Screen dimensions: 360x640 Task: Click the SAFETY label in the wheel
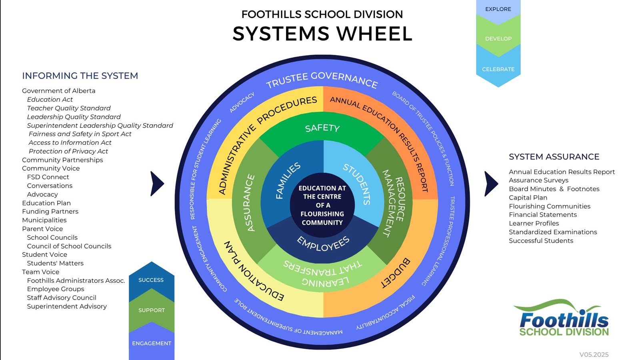[322, 128]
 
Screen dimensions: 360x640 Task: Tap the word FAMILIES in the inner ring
[288, 180]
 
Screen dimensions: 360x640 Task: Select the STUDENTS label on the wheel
[357, 184]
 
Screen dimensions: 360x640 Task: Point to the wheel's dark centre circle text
[322, 205]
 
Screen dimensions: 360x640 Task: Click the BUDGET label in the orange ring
[395, 273]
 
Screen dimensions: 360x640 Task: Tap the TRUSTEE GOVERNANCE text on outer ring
[322, 79]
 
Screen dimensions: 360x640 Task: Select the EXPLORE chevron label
[498, 9]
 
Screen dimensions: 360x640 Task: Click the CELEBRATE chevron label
[498, 69]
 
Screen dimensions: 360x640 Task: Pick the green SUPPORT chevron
[152, 310]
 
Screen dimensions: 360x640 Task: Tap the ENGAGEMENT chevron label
[152, 343]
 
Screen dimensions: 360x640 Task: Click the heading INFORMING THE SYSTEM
[80, 76]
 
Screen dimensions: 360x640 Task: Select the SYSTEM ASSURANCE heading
[554, 157]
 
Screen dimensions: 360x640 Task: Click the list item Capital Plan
[528, 198]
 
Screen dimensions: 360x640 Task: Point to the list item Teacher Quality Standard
[69, 108]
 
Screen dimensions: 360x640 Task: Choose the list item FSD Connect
[48, 177]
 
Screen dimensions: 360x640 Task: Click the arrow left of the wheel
[157, 184]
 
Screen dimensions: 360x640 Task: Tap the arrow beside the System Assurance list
[491, 184]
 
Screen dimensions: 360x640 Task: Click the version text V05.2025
[594, 354]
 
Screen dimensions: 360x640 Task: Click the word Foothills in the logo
[564, 320]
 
